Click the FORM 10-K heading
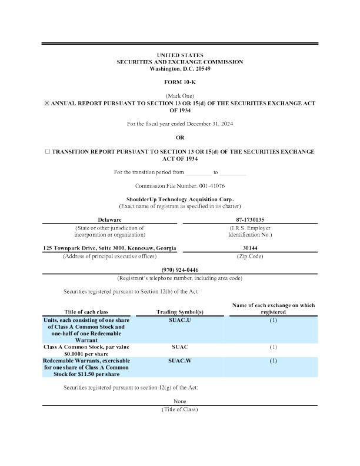pos(180,82)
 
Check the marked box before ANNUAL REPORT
pos(47,103)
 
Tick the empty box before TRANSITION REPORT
pos(48,151)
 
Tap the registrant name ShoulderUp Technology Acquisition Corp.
pos(180,200)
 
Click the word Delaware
pos(110,219)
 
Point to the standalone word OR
pos(180,137)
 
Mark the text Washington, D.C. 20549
pos(180,69)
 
